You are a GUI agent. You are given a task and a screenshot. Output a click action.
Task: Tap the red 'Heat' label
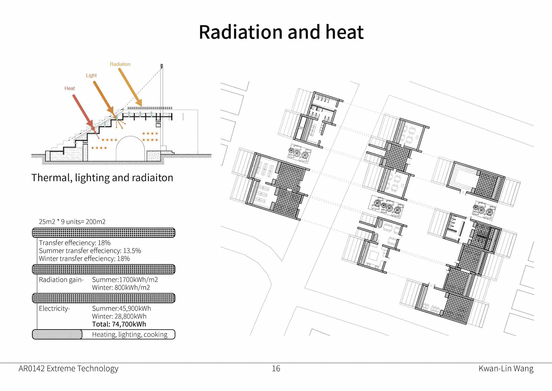70,88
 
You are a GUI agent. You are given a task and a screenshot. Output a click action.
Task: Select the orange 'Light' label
91,75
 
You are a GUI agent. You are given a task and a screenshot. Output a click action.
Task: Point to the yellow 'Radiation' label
120,64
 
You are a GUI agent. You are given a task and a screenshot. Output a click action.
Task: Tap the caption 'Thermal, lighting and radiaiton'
102,178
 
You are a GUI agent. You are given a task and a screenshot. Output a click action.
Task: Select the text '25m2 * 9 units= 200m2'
72,222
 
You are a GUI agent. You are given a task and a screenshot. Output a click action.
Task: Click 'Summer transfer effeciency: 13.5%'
90,251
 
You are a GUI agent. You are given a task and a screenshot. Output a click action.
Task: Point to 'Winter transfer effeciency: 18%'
84,259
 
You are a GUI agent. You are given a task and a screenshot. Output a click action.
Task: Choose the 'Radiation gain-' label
61,280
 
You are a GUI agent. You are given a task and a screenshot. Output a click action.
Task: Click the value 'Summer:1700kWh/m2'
125,280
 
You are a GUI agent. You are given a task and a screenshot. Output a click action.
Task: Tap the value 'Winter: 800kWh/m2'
121,287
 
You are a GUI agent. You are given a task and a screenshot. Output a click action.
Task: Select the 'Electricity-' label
54,308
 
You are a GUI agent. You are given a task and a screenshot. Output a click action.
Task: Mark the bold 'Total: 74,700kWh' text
119,324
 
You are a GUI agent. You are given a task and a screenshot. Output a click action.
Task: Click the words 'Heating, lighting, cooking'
130,334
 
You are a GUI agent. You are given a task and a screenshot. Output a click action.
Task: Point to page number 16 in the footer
276,369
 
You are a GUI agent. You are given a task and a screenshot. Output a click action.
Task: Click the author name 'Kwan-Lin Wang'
506,369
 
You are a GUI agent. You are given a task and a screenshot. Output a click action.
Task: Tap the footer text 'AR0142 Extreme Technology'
68,369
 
